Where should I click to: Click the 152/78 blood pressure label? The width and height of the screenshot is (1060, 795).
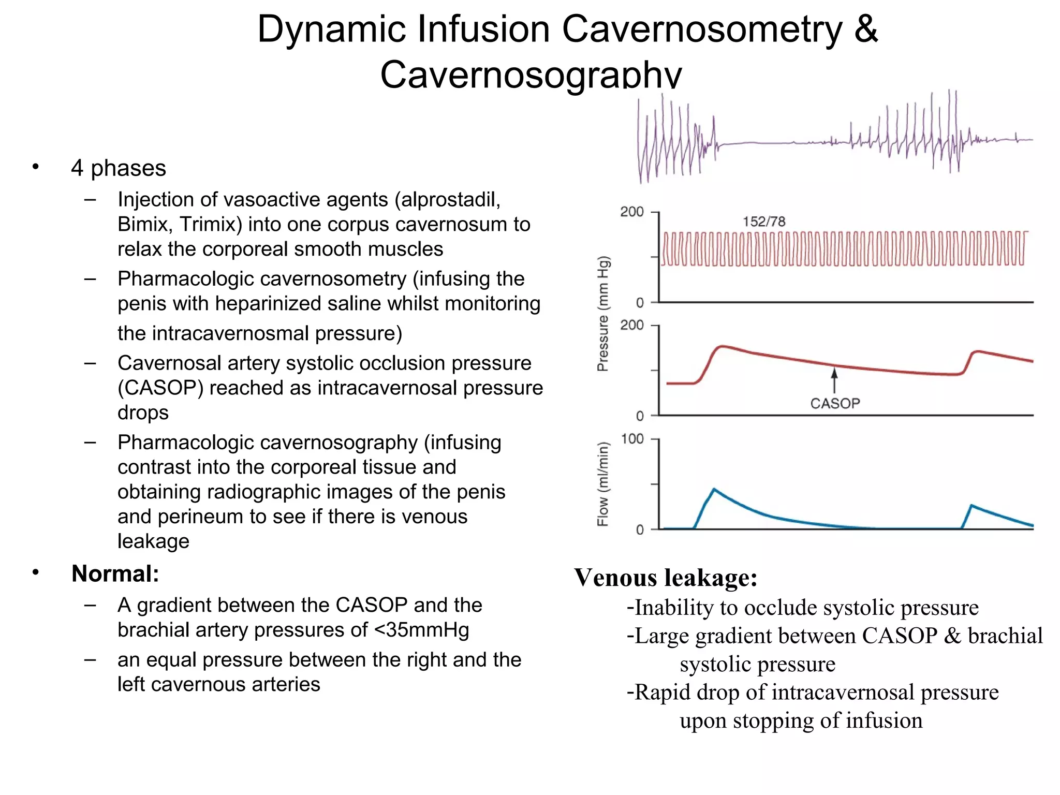click(764, 222)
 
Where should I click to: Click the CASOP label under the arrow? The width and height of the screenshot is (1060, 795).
click(835, 403)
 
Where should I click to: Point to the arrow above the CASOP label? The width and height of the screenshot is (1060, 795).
click(834, 380)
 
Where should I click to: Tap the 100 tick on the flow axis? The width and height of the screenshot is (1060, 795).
click(632, 439)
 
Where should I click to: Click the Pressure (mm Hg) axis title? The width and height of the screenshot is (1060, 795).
click(603, 314)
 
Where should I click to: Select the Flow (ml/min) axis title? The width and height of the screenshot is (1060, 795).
click(603, 484)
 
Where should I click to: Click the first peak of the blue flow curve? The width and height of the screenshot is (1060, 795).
click(714, 489)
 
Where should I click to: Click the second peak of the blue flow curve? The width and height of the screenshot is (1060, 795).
click(971, 505)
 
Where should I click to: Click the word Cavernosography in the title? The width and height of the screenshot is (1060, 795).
click(531, 75)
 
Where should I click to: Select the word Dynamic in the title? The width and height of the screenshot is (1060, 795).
click(331, 29)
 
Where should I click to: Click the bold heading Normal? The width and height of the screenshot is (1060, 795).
click(115, 573)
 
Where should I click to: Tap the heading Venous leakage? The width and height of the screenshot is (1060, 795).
click(666, 578)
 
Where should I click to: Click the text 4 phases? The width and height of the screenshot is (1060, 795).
click(119, 168)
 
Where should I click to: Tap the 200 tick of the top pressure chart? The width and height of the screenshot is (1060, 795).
click(632, 212)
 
